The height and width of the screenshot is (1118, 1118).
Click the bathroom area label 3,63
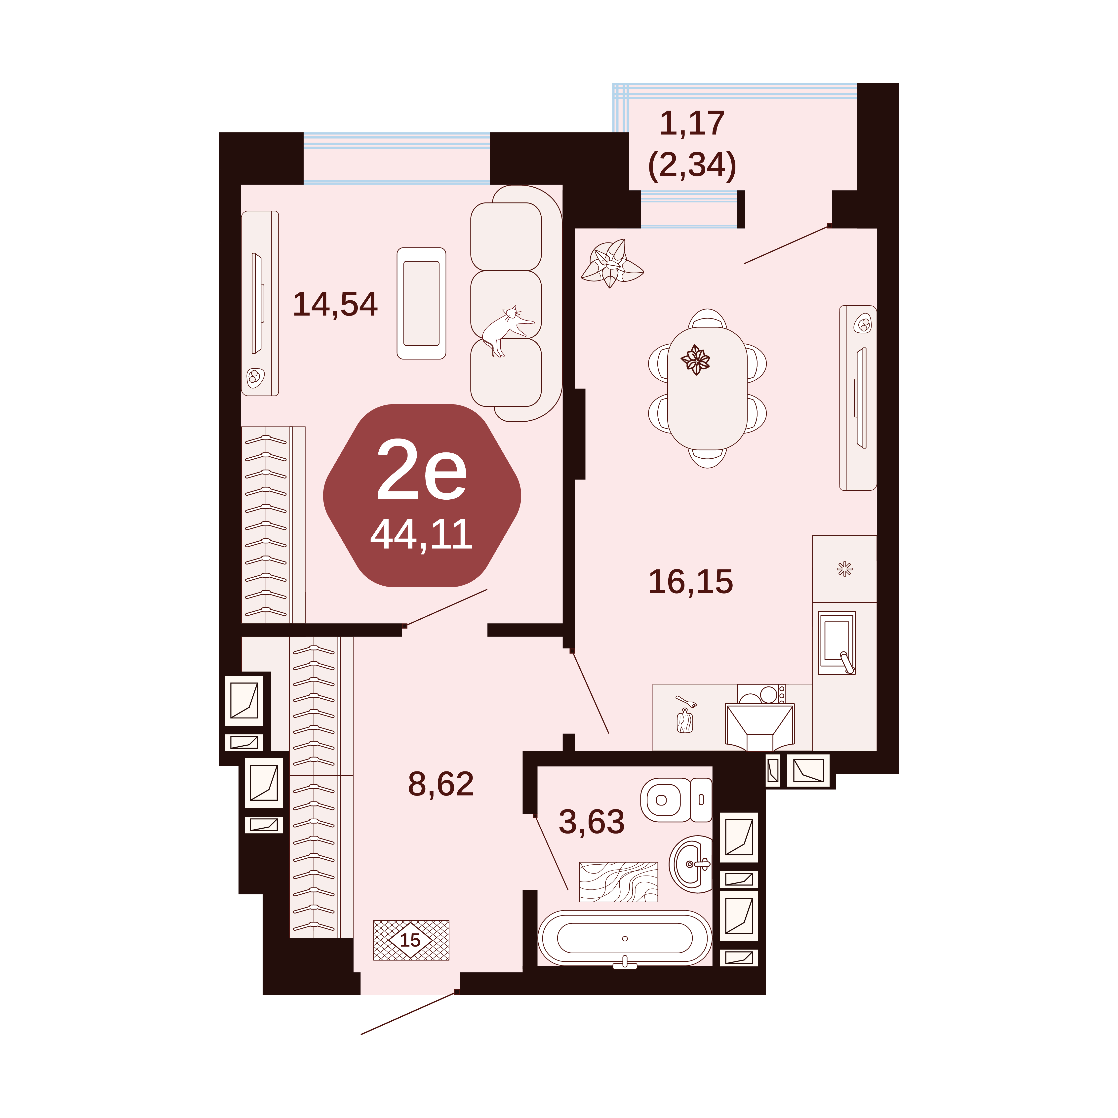pyautogui.click(x=591, y=822)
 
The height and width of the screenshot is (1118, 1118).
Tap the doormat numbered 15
pyautogui.click(x=411, y=940)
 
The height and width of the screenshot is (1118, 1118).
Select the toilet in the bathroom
pyautogui.click(x=676, y=800)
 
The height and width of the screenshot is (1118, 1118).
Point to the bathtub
pyautogui.click(x=625, y=939)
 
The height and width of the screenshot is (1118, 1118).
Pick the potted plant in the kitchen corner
pyautogui.click(x=612, y=264)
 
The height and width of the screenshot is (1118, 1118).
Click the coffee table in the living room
pyautogui.click(x=421, y=303)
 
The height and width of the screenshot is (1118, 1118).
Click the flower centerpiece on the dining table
pyautogui.click(x=696, y=360)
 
